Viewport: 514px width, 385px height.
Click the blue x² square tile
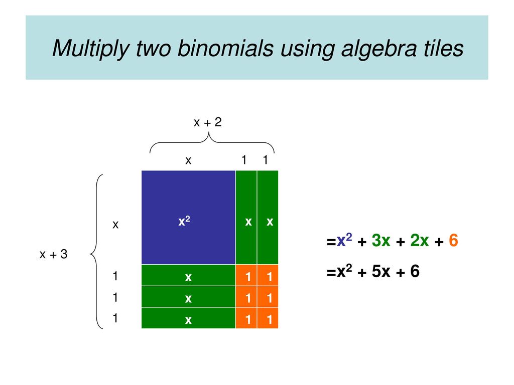pyautogui.click(x=189, y=218)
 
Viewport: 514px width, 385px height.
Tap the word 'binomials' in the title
pyautogui.click(x=225, y=48)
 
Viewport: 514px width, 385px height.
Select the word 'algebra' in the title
pyautogui.click(x=379, y=49)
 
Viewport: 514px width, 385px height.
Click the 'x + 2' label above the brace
pyautogui.click(x=208, y=122)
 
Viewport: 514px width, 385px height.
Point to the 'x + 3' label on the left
pyautogui.click(x=53, y=254)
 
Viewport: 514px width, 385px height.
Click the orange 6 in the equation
pyautogui.click(x=453, y=241)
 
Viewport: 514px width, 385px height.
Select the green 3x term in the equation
pyautogui.click(x=381, y=241)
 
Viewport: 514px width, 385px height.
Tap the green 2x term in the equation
pyautogui.click(x=420, y=241)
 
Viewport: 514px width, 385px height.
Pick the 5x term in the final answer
pyautogui.click(x=381, y=271)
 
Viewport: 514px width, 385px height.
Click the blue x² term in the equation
pyautogui.click(x=344, y=240)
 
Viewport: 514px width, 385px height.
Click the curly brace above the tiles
pyautogui.click(x=212, y=142)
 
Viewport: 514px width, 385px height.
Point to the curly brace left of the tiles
pyautogui.click(x=96, y=252)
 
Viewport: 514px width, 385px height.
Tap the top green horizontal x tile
pyautogui.click(x=189, y=275)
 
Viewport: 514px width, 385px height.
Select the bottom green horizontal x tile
pyautogui.click(x=189, y=318)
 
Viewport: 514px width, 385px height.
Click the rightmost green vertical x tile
pyautogui.click(x=268, y=218)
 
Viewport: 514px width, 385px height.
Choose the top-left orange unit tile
pyautogui.click(x=246, y=275)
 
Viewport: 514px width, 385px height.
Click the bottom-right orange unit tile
pyautogui.click(x=268, y=318)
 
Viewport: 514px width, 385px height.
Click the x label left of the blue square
pyautogui.click(x=115, y=225)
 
